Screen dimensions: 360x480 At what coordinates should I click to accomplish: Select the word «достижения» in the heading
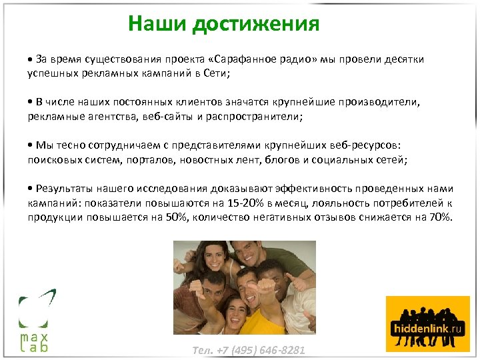click(255, 25)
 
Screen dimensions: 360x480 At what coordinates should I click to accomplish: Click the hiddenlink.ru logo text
click(427, 329)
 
